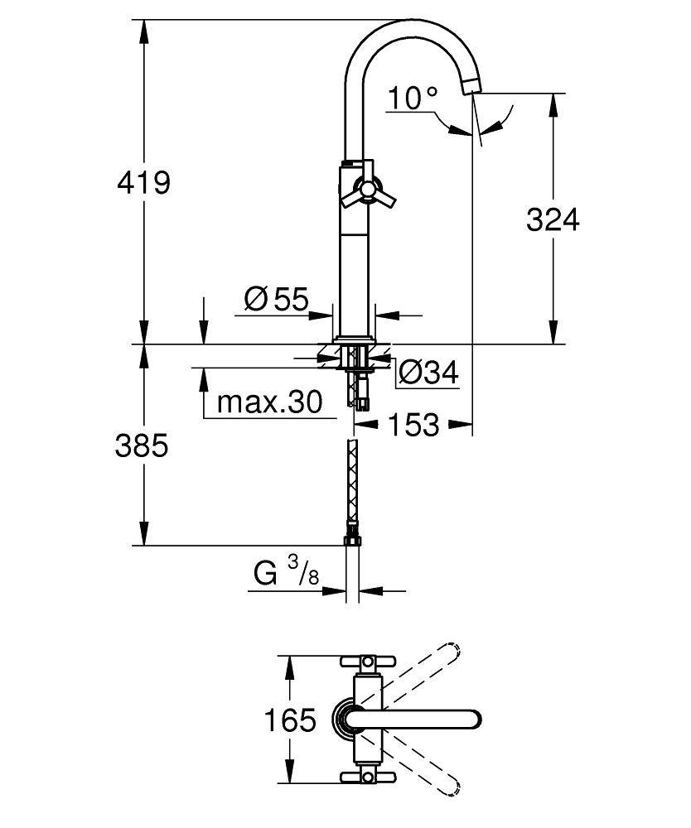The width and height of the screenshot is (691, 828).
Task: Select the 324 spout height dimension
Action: (553, 219)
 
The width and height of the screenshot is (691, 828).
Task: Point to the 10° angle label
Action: (412, 99)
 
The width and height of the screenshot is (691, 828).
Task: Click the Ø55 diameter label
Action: (276, 299)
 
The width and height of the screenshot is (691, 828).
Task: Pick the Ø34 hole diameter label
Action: (428, 373)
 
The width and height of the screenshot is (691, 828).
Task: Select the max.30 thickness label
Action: (268, 403)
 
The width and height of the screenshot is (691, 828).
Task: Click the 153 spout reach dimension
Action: (413, 425)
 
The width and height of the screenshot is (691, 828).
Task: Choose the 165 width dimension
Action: (290, 720)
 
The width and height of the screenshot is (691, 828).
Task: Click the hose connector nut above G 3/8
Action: (352, 539)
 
